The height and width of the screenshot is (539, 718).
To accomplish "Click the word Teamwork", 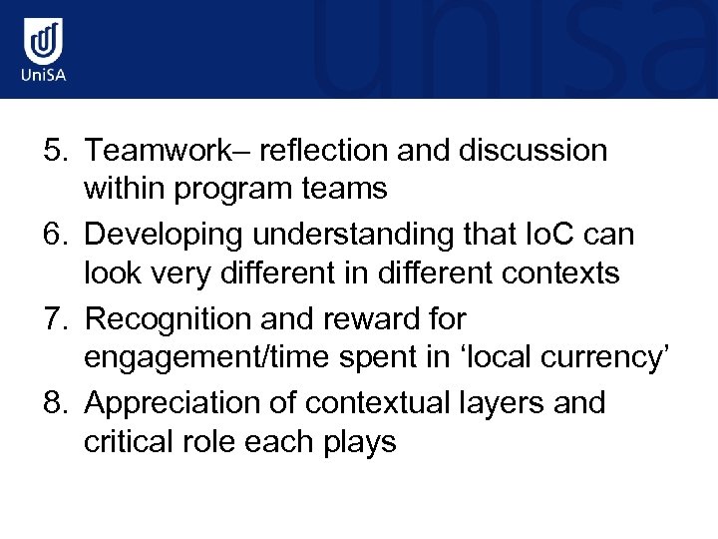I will (170, 151).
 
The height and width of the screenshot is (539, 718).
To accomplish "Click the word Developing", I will (164, 235).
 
